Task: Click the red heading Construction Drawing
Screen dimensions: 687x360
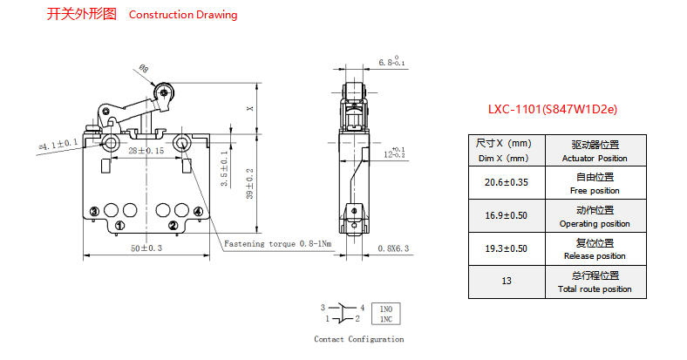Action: [183, 15]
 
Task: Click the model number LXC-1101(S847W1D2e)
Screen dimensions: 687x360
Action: [553, 109]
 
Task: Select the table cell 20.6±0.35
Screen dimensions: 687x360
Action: [507, 183]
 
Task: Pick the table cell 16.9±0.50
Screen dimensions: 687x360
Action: [507, 215]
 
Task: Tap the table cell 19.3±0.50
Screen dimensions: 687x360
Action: [507, 248]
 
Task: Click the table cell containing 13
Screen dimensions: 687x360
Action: [507, 282]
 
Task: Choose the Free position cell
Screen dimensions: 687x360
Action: [595, 183]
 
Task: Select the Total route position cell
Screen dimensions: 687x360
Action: [595, 282]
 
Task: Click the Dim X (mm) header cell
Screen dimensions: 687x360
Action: [507, 150]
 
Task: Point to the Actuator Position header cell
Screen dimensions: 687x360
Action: [595, 150]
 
